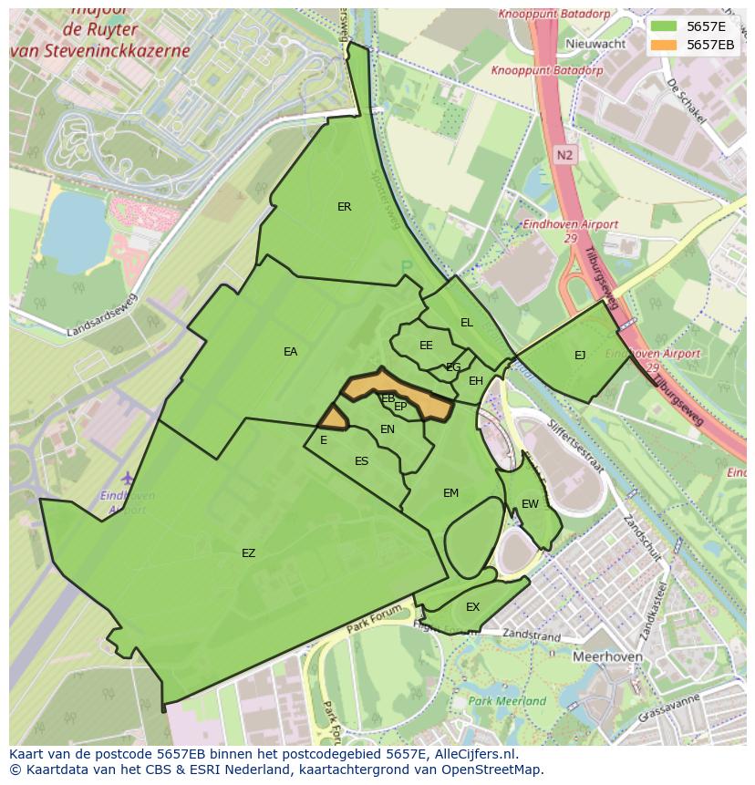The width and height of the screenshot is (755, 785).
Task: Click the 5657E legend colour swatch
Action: [x=665, y=26]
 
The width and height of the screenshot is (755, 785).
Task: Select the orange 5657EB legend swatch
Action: [x=665, y=45]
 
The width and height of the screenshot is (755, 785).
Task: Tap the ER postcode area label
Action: [x=344, y=207]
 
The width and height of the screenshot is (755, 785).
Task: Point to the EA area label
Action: [x=290, y=352]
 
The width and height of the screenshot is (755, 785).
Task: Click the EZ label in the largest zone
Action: [x=248, y=553]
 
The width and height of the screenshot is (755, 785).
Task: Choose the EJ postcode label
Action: [x=580, y=356]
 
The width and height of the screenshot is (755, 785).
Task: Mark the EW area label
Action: [x=530, y=504]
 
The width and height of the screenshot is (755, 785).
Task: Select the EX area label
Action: [x=472, y=607]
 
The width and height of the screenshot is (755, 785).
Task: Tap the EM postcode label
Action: [x=450, y=493]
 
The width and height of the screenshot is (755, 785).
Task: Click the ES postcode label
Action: [x=361, y=461]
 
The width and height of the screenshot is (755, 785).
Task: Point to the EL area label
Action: [x=467, y=323]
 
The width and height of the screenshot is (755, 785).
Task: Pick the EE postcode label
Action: [x=426, y=346]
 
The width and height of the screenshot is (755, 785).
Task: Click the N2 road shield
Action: [x=564, y=155]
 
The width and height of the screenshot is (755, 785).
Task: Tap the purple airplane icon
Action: [x=127, y=479]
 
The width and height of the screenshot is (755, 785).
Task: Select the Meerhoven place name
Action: [x=607, y=656]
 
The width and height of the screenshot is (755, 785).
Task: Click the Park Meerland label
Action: [x=507, y=701]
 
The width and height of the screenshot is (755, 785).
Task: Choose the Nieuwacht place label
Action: [x=595, y=44]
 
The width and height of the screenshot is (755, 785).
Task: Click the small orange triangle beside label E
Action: [x=333, y=418]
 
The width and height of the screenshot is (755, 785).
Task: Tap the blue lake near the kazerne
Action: [x=76, y=227]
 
